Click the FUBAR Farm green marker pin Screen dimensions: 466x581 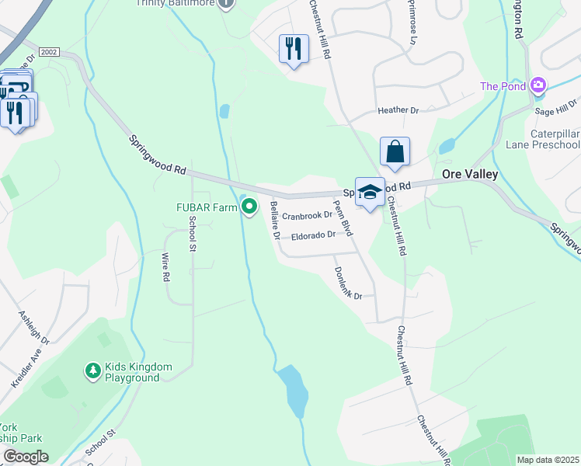pos(249,207)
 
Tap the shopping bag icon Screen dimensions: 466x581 pos(395,151)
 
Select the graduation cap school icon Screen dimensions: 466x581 pos(370,192)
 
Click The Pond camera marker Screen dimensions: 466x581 pos(538,86)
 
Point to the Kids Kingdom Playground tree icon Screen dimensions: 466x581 pos(92,371)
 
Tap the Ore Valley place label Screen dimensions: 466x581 pos(469,175)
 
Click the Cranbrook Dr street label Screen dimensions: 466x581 pos(307,216)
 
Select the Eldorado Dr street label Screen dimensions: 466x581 pos(313,235)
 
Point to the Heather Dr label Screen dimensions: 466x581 pos(398,111)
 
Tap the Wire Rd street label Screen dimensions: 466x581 pos(165,266)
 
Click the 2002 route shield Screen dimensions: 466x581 pos(49,50)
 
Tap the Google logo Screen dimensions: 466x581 pos(26,456)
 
